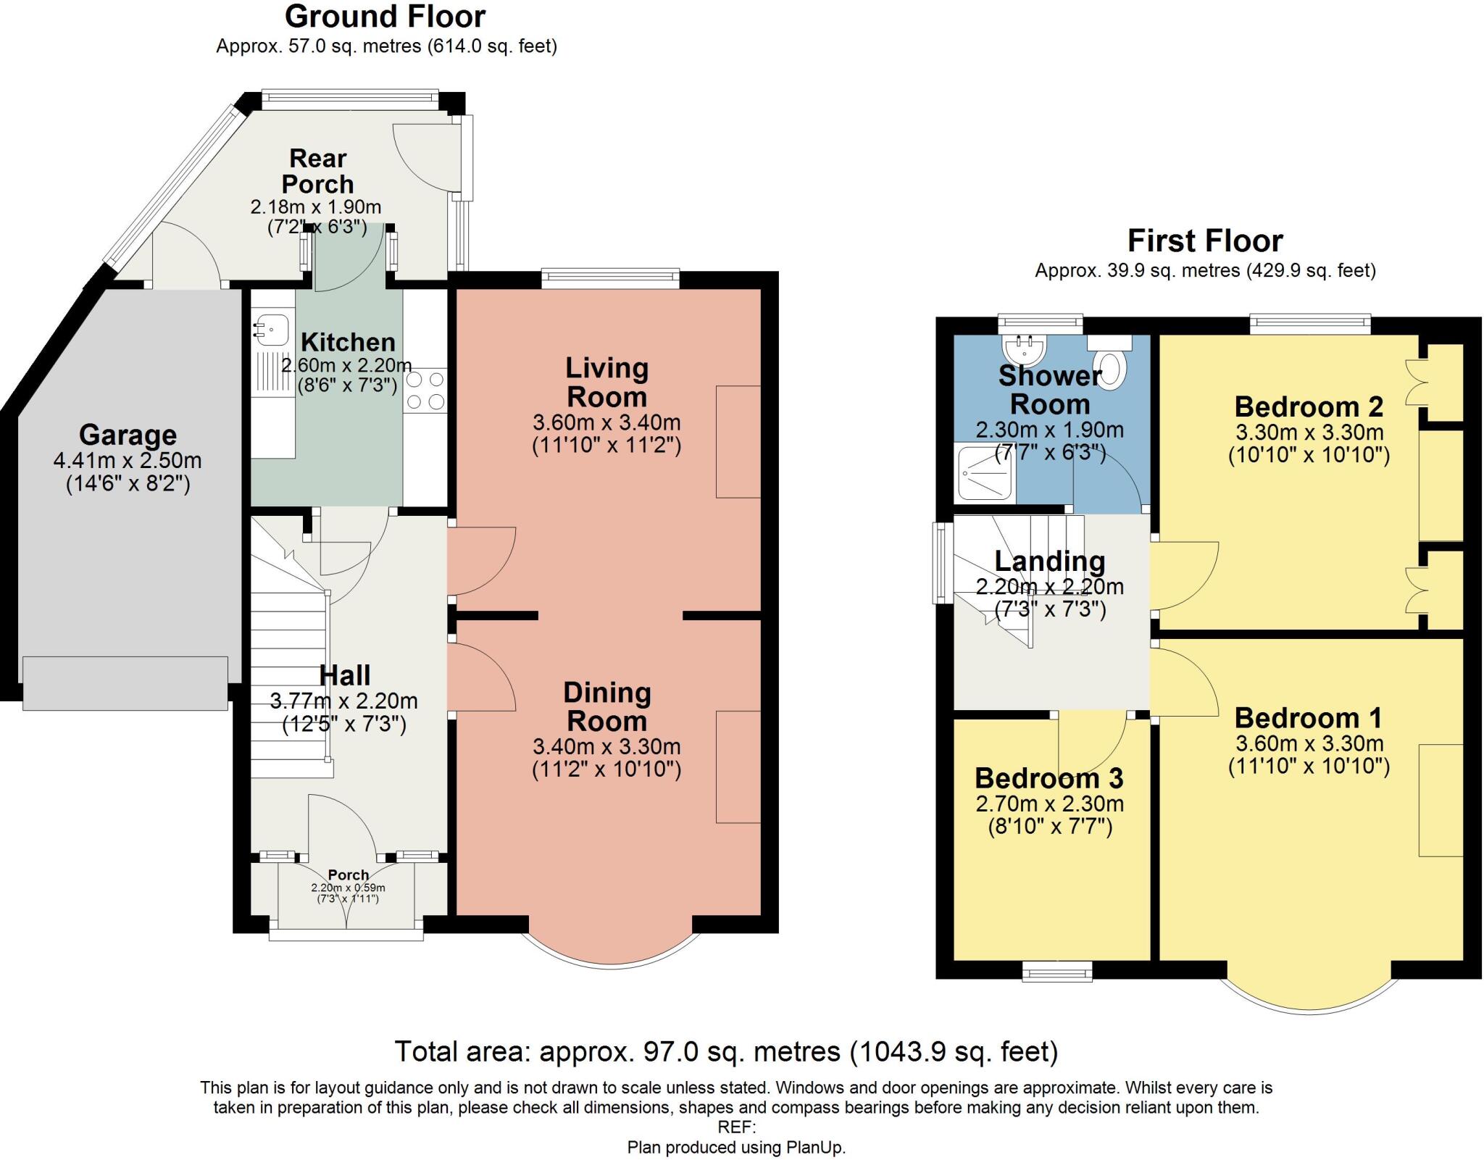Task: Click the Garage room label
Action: pyautogui.click(x=128, y=435)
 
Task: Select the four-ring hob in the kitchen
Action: pyautogui.click(x=425, y=390)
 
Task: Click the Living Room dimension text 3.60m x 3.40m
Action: pyautogui.click(x=606, y=422)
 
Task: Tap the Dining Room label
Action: pyautogui.click(x=606, y=706)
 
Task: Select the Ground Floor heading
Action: pyautogui.click(x=385, y=16)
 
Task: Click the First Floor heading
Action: pyautogui.click(x=1205, y=241)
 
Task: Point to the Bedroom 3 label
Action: pyautogui.click(x=1049, y=778)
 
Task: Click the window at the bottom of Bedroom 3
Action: pyautogui.click(x=1056, y=972)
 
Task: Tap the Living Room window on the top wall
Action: pyautogui.click(x=610, y=278)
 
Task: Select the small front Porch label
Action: pyautogui.click(x=348, y=875)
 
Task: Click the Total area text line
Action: pyautogui.click(x=726, y=1051)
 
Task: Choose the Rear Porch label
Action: pyautogui.click(x=317, y=171)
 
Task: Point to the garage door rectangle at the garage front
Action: pyautogui.click(x=125, y=683)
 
